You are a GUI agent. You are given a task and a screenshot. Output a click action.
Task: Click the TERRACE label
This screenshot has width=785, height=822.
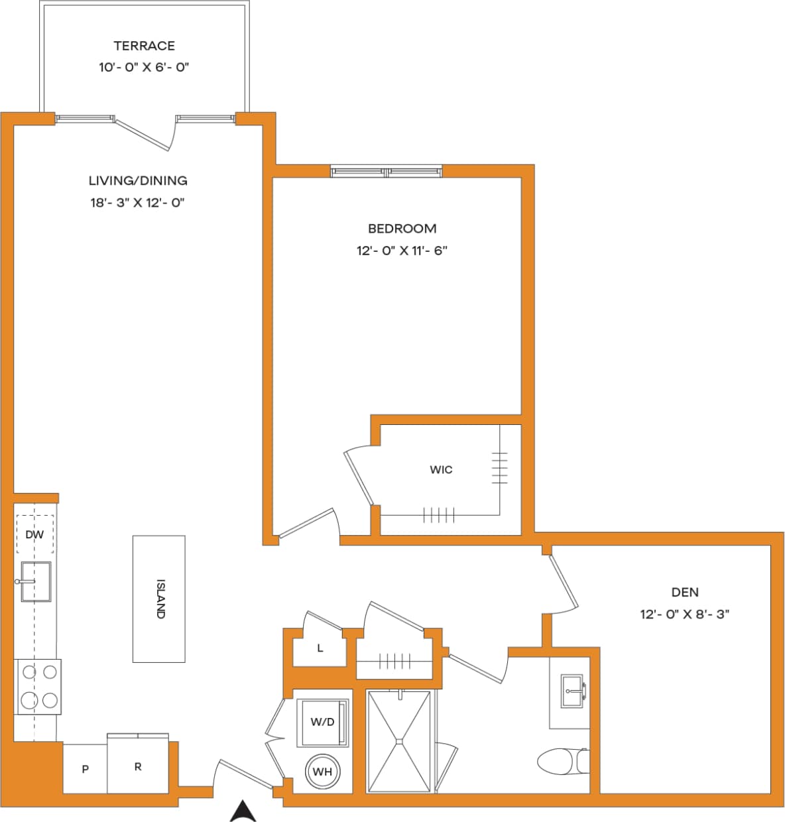(144, 46)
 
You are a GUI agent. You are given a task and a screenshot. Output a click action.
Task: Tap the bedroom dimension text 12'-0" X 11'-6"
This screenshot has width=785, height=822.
(402, 251)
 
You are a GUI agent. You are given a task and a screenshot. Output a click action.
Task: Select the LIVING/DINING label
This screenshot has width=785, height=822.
(138, 180)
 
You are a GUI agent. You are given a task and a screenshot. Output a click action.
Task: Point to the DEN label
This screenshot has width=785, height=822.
(684, 592)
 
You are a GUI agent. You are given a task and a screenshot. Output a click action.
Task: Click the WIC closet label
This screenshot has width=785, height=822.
(441, 469)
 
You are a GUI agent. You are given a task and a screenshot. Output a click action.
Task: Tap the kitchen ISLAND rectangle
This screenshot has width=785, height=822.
(159, 599)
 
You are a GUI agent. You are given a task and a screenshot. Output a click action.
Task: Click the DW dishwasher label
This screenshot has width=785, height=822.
(34, 534)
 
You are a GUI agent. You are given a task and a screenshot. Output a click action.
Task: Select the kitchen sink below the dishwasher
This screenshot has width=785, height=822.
(36, 581)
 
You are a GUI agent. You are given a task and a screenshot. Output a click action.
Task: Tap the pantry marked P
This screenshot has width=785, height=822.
(85, 769)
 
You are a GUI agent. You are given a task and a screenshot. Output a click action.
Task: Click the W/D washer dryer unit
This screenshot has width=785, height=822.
(322, 722)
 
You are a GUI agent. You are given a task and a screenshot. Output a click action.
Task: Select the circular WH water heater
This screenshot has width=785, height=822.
(322, 772)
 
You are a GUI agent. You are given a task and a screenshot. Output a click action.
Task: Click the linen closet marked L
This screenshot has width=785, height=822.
(320, 648)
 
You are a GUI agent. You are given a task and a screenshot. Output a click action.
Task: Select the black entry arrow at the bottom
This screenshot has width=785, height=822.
(243, 811)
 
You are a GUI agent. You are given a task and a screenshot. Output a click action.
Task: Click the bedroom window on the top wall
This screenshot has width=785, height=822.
(387, 172)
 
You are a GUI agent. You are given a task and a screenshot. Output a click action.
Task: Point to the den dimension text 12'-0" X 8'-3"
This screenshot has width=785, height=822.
(684, 615)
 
